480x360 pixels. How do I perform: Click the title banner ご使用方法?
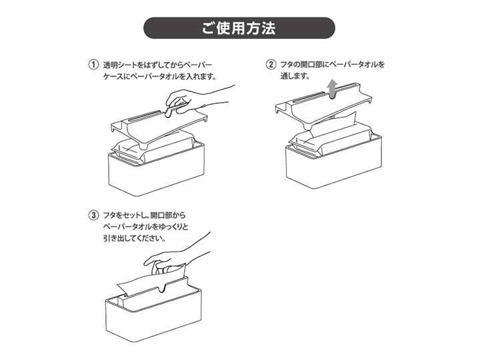(239, 29)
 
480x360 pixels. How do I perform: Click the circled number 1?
(93, 65)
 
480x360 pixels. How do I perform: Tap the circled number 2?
(271, 65)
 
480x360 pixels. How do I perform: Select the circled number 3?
(93, 215)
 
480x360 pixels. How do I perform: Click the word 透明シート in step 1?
(121, 65)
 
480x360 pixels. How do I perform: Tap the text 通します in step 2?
(295, 77)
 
